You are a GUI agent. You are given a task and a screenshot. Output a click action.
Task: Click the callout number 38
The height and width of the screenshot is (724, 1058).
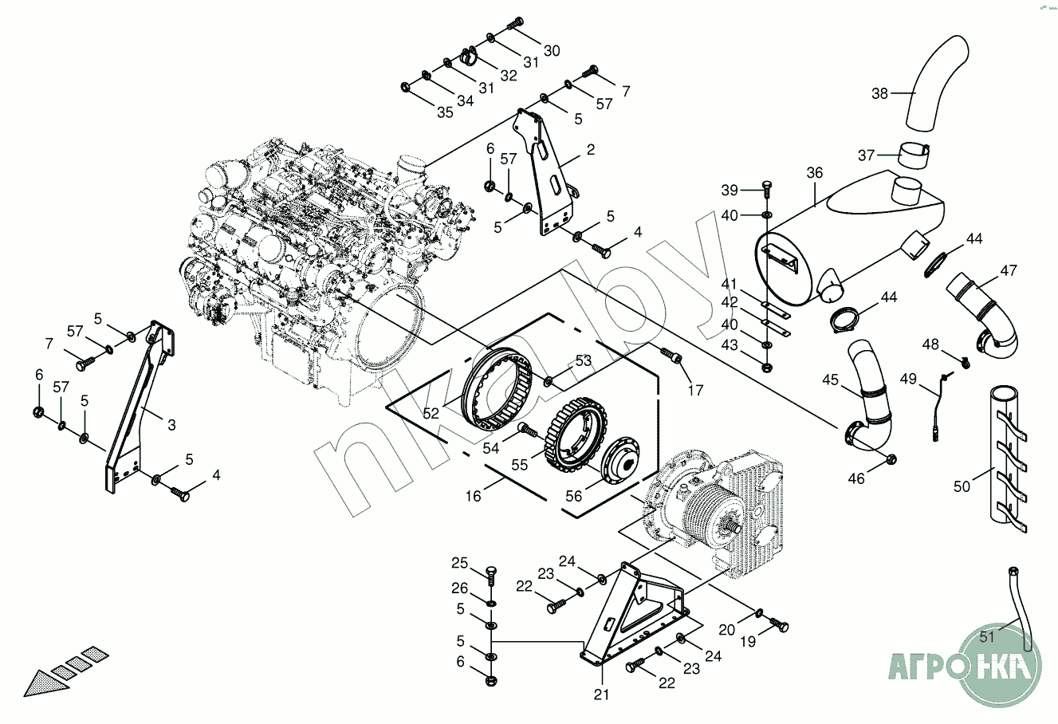pyautogui.click(x=879, y=93)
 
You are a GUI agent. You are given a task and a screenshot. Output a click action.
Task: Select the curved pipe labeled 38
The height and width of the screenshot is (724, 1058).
pyautogui.click(x=935, y=84)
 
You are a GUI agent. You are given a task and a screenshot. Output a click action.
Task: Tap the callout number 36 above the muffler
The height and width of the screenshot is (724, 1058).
pyautogui.click(x=814, y=172)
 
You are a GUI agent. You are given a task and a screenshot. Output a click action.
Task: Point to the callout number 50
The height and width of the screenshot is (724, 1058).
pyautogui.click(x=962, y=485)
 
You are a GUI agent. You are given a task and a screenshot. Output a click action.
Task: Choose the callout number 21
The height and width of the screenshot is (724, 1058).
pyautogui.click(x=601, y=694)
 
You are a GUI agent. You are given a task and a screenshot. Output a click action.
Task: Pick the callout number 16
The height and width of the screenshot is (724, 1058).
pyautogui.click(x=474, y=496)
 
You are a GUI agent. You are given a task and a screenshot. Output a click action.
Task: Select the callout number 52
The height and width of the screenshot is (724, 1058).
pyautogui.click(x=431, y=413)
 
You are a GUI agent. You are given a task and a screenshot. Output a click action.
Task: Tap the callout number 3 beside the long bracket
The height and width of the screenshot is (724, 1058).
pyautogui.click(x=171, y=424)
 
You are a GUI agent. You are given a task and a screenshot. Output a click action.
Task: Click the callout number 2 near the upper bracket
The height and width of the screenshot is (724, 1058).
pyautogui.click(x=590, y=149)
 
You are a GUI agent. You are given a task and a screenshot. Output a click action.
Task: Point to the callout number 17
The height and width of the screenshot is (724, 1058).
pyautogui.click(x=696, y=390)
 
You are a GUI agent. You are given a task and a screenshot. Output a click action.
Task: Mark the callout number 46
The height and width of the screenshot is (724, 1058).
pyautogui.click(x=855, y=478)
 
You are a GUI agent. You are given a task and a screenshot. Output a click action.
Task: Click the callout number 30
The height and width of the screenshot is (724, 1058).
pyautogui.click(x=552, y=50)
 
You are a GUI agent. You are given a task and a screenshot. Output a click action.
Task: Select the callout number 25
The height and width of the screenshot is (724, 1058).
pyautogui.click(x=460, y=564)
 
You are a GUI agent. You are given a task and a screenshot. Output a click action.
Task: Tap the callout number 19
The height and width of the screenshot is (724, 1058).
pyautogui.click(x=747, y=641)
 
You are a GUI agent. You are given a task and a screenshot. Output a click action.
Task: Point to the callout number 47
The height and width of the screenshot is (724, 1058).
pyautogui.click(x=1009, y=270)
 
